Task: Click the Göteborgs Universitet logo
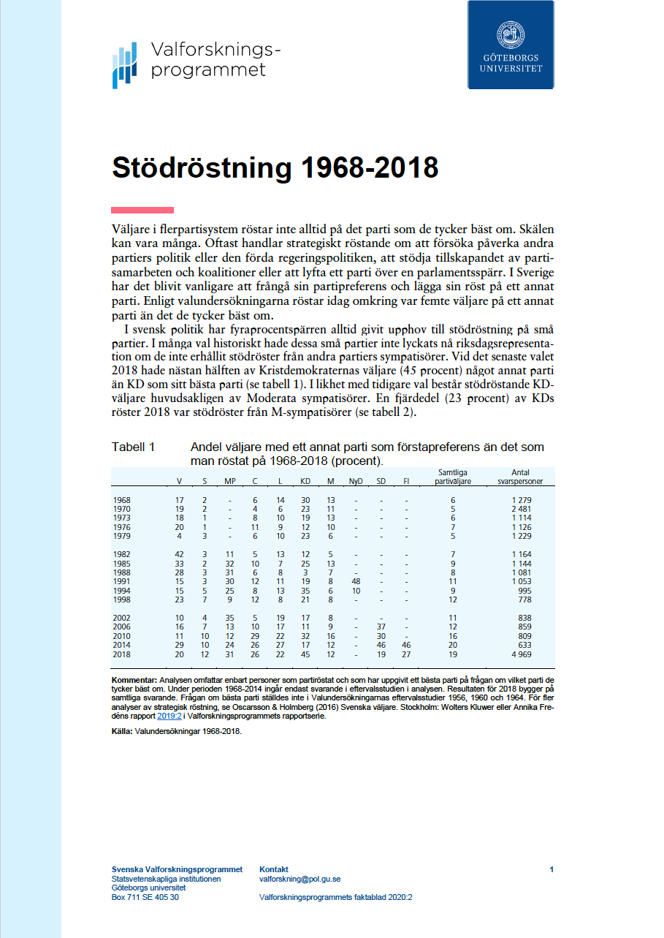511,45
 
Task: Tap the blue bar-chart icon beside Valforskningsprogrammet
125,65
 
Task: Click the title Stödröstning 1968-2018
275,167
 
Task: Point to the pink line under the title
142,210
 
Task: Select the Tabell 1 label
133,447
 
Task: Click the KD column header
305,481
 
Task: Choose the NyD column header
356,481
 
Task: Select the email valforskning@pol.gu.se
299,880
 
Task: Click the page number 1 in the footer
552,869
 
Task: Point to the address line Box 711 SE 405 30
145,897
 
